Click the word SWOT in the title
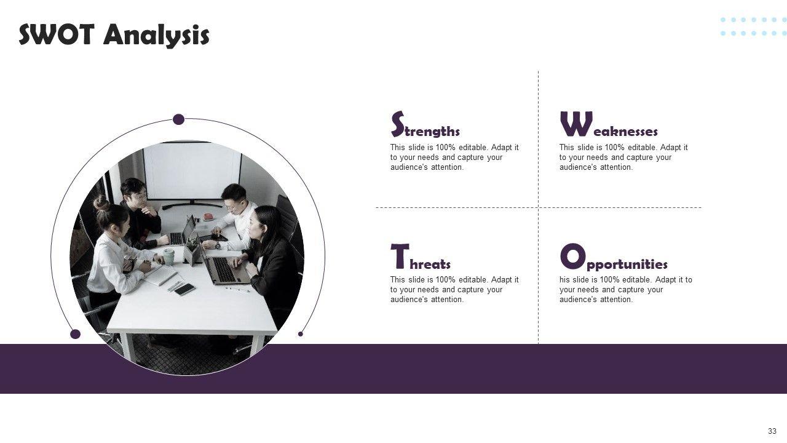[x=57, y=34]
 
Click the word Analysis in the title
[x=157, y=36]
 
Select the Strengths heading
[x=425, y=124]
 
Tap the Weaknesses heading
[x=609, y=124]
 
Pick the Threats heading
[x=421, y=257]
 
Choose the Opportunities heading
[x=614, y=257]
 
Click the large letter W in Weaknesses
[x=576, y=124]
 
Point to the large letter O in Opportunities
[x=572, y=256]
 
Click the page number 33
[x=772, y=431]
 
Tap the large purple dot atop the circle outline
[x=178, y=119]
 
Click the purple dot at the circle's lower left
[x=75, y=334]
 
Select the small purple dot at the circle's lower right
[x=301, y=334]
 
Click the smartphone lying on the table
[x=184, y=289]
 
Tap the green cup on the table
[x=169, y=257]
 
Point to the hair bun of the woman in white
[x=101, y=203]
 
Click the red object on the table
[x=208, y=217]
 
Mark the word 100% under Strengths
[x=446, y=147]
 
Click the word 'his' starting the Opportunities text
[x=565, y=280]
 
